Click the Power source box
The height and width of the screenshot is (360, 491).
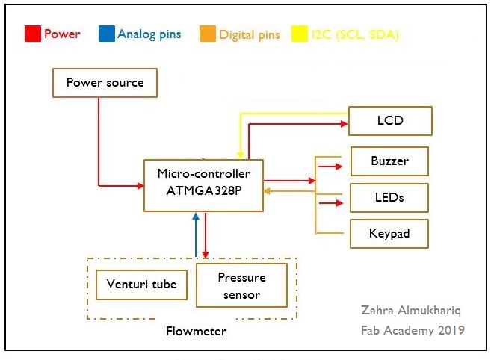[x=105, y=82]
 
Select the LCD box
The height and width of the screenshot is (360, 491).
[x=390, y=120]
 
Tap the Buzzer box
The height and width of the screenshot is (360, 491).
[x=389, y=161]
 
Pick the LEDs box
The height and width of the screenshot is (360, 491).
[x=389, y=198]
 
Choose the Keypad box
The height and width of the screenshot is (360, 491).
[x=389, y=234]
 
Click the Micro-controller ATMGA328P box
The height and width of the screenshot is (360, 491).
[x=203, y=184]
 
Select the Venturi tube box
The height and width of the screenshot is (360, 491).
[x=142, y=284]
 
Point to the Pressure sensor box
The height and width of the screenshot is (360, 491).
[x=241, y=285]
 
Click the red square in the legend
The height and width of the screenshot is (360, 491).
[x=32, y=34]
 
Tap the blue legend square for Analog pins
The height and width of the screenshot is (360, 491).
[x=106, y=34]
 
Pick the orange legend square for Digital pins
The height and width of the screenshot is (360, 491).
[x=207, y=34]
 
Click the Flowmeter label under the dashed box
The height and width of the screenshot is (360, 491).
[x=195, y=330]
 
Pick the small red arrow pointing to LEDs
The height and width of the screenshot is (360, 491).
[x=327, y=202]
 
